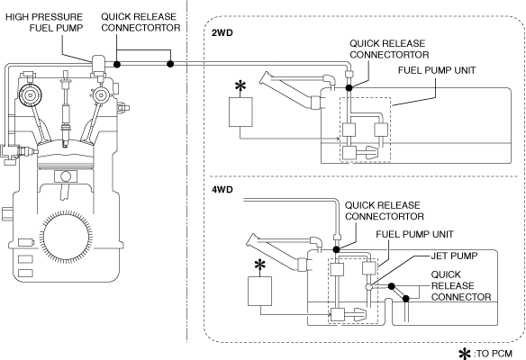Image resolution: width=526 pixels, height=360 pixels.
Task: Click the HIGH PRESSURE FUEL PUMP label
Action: pyautogui.click(x=44, y=22)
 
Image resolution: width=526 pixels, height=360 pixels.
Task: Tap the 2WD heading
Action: pyautogui.click(x=222, y=32)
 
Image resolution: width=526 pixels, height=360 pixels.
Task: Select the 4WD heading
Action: pyautogui.click(x=222, y=189)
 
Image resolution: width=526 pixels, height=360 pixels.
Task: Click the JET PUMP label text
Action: pyautogui.click(x=454, y=256)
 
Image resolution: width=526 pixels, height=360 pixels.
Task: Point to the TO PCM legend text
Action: pyautogui.click(x=494, y=354)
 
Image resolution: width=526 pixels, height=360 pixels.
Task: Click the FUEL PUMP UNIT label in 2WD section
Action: pyautogui.click(x=437, y=70)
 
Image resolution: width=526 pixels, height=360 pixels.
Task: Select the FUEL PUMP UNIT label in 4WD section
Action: pyautogui.click(x=414, y=234)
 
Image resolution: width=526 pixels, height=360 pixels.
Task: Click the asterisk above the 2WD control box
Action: pyautogui.click(x=240, y=85)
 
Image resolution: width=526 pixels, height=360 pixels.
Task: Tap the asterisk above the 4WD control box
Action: pyautogui.click(x=259, y=265)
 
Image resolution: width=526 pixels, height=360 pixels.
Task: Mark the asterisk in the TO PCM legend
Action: pyautogui.click(x=465, y=354)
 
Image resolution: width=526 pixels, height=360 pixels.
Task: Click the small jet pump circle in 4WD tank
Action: pyautogui.click(x=369, y=287)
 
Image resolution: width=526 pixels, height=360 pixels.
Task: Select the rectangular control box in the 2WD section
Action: pyautogui.click(x=240, y=112)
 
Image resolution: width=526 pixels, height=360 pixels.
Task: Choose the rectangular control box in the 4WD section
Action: pyautogui.click(x=259, y=291)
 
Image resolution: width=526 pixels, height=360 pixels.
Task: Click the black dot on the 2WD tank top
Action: pyautogui.click(x=349, y=88)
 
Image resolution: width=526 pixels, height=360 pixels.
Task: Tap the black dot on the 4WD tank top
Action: pyautogui.click(x=336, y=249)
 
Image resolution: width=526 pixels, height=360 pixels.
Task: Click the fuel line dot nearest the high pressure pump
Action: pyautogui.click(x=117, y=64)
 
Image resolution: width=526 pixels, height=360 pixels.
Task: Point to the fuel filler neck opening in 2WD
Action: pyautogui.click(x=265, y=77)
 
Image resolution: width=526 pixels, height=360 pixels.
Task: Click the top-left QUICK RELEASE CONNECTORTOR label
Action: pyautogui.click(x=141, y=22)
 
